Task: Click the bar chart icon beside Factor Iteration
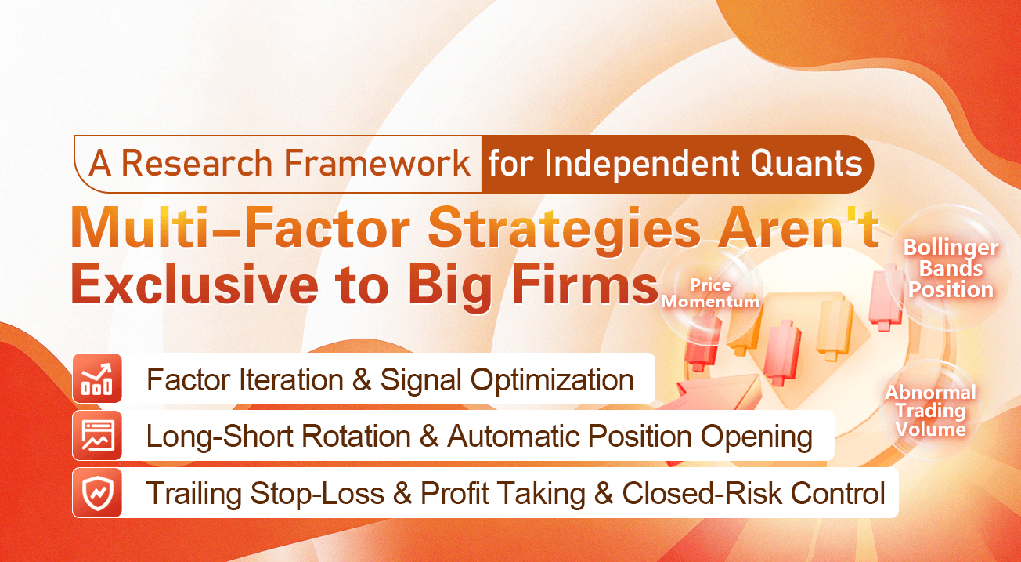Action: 97,379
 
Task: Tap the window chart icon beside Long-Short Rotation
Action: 97,436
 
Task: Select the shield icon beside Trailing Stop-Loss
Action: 97,493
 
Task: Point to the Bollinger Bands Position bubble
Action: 951,269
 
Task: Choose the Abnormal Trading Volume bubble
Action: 930,410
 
